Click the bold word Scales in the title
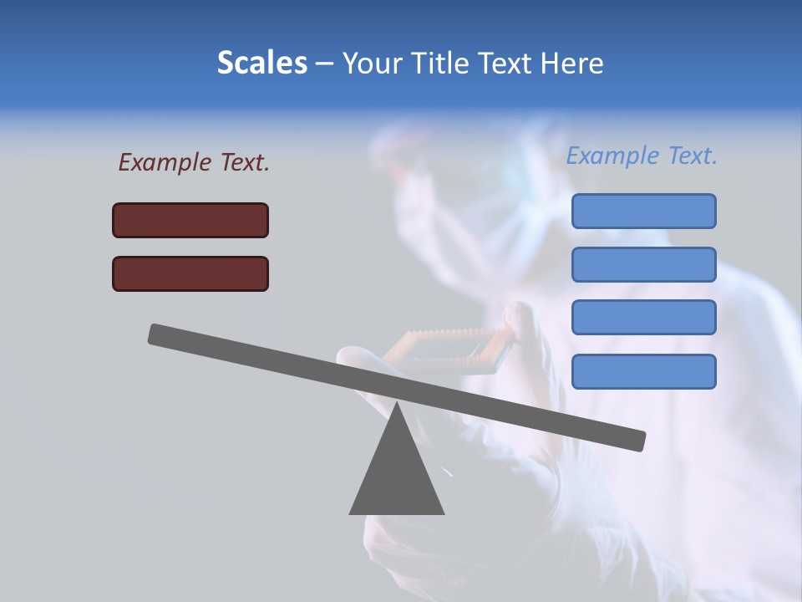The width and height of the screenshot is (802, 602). [x=261, y=63]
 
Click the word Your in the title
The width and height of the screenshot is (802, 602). [x=370, y=64]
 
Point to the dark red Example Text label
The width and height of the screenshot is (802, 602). [x=194, y=162]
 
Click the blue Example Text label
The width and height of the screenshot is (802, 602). [x=642, y=156]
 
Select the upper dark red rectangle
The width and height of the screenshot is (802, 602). [x=190, y=220]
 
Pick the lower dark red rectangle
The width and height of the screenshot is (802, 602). [x=190, y=273]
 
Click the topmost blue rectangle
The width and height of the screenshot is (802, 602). [x=643, y=211]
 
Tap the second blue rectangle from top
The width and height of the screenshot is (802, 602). [x=643, y=264]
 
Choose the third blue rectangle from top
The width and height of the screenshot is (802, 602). [x=643, y=318]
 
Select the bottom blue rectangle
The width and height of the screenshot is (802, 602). [x=643, y=371]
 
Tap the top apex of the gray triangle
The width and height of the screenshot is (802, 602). [x=397, y=405]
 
